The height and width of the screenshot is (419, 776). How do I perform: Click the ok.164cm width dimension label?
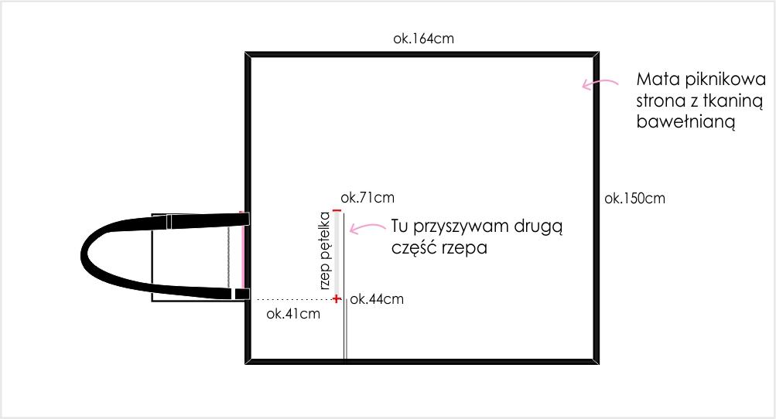[x=423, y=39]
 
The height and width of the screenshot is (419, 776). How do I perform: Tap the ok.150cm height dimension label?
[x=634, y=199]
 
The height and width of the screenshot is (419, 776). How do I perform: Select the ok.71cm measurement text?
[x=367, y=197]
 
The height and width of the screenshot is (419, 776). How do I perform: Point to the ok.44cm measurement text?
[x=377, y=299]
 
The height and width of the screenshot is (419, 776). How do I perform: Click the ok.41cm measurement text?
[x=293, y=314]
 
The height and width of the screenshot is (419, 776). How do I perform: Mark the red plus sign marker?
[x=337, y=298]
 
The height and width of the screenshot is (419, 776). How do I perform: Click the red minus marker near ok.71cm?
[x=337, y=211]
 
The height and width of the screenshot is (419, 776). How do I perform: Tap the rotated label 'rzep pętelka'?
[x=325, y=250]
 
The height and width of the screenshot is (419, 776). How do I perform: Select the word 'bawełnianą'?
[x=685, y=121]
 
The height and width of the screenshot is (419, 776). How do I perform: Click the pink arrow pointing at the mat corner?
[x=600, y=84]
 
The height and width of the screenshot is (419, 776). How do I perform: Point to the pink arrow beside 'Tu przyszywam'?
[x=367, y=227]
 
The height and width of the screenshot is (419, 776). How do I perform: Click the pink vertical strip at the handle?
[x=242, y=250]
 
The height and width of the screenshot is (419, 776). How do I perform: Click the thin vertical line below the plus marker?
[x=345, y=330]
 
